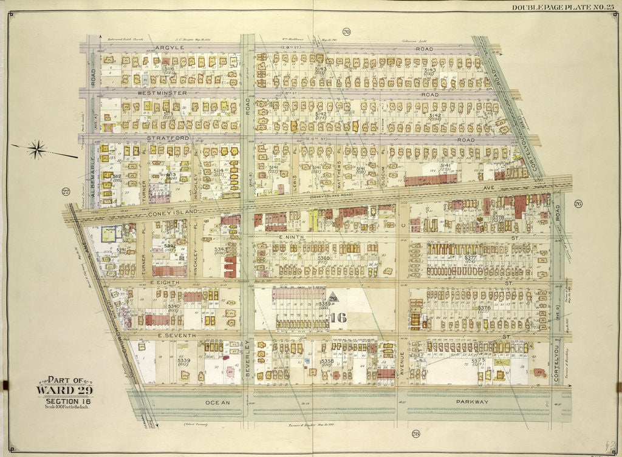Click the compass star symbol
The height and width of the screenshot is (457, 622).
pyautogui.click(x=38, y=149)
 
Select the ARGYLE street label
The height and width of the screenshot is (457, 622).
pyautogui.click(x=170, y=47)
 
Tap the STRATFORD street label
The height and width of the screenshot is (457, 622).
pyautogui.click(x=167, y=138)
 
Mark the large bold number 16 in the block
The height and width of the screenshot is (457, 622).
pyautogui.click(x=338, y=316)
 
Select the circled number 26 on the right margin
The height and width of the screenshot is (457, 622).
pyautogui.click(x=578, y=203)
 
